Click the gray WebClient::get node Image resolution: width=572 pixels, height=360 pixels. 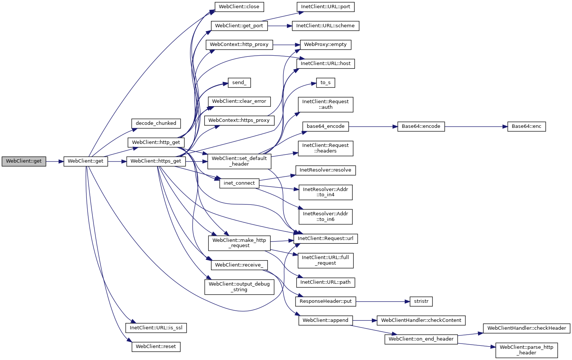pyautogui.click(x=24, y=161)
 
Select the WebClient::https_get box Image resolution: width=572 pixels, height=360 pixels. pyautogui.click(x=156, y=161)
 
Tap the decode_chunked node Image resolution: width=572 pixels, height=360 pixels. pyautogui.click(x=156, y=123)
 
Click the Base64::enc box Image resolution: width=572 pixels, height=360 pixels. pyautogui.click(x=526, y=127)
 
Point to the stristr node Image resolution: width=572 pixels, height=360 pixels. pyautogui.click(x=421, y=301)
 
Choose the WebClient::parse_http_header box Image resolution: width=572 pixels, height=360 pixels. pyautogui.click(x=526, y=350)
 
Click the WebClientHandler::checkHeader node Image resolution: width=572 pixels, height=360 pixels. pyautogui.click(x=526, y=328)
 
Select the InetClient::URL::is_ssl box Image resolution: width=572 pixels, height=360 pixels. pyautogui.click(x=156, y=328)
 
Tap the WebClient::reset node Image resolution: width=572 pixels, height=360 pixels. pyautogui.click(x=156, y=347)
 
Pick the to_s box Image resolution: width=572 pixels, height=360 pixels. pyautogui.click(x=325, y=83)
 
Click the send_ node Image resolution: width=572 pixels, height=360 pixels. pyautogui.click(x=239, y=83)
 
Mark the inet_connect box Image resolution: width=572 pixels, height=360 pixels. pyautogui.click(x=239, y=183)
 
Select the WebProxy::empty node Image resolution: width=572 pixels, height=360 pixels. pyautogui.click(x=325, y=44)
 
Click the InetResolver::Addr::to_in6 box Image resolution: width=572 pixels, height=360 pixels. pyautogui.click(x=325, y=216)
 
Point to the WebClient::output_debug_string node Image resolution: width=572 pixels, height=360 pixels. pyautogui.click(x=239, y=287)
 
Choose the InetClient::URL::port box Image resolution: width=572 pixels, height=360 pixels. pyautogui.click(x=325, y=7)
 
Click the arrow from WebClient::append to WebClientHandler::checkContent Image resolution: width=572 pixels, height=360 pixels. pyautogui.click(x=365, y=320)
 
